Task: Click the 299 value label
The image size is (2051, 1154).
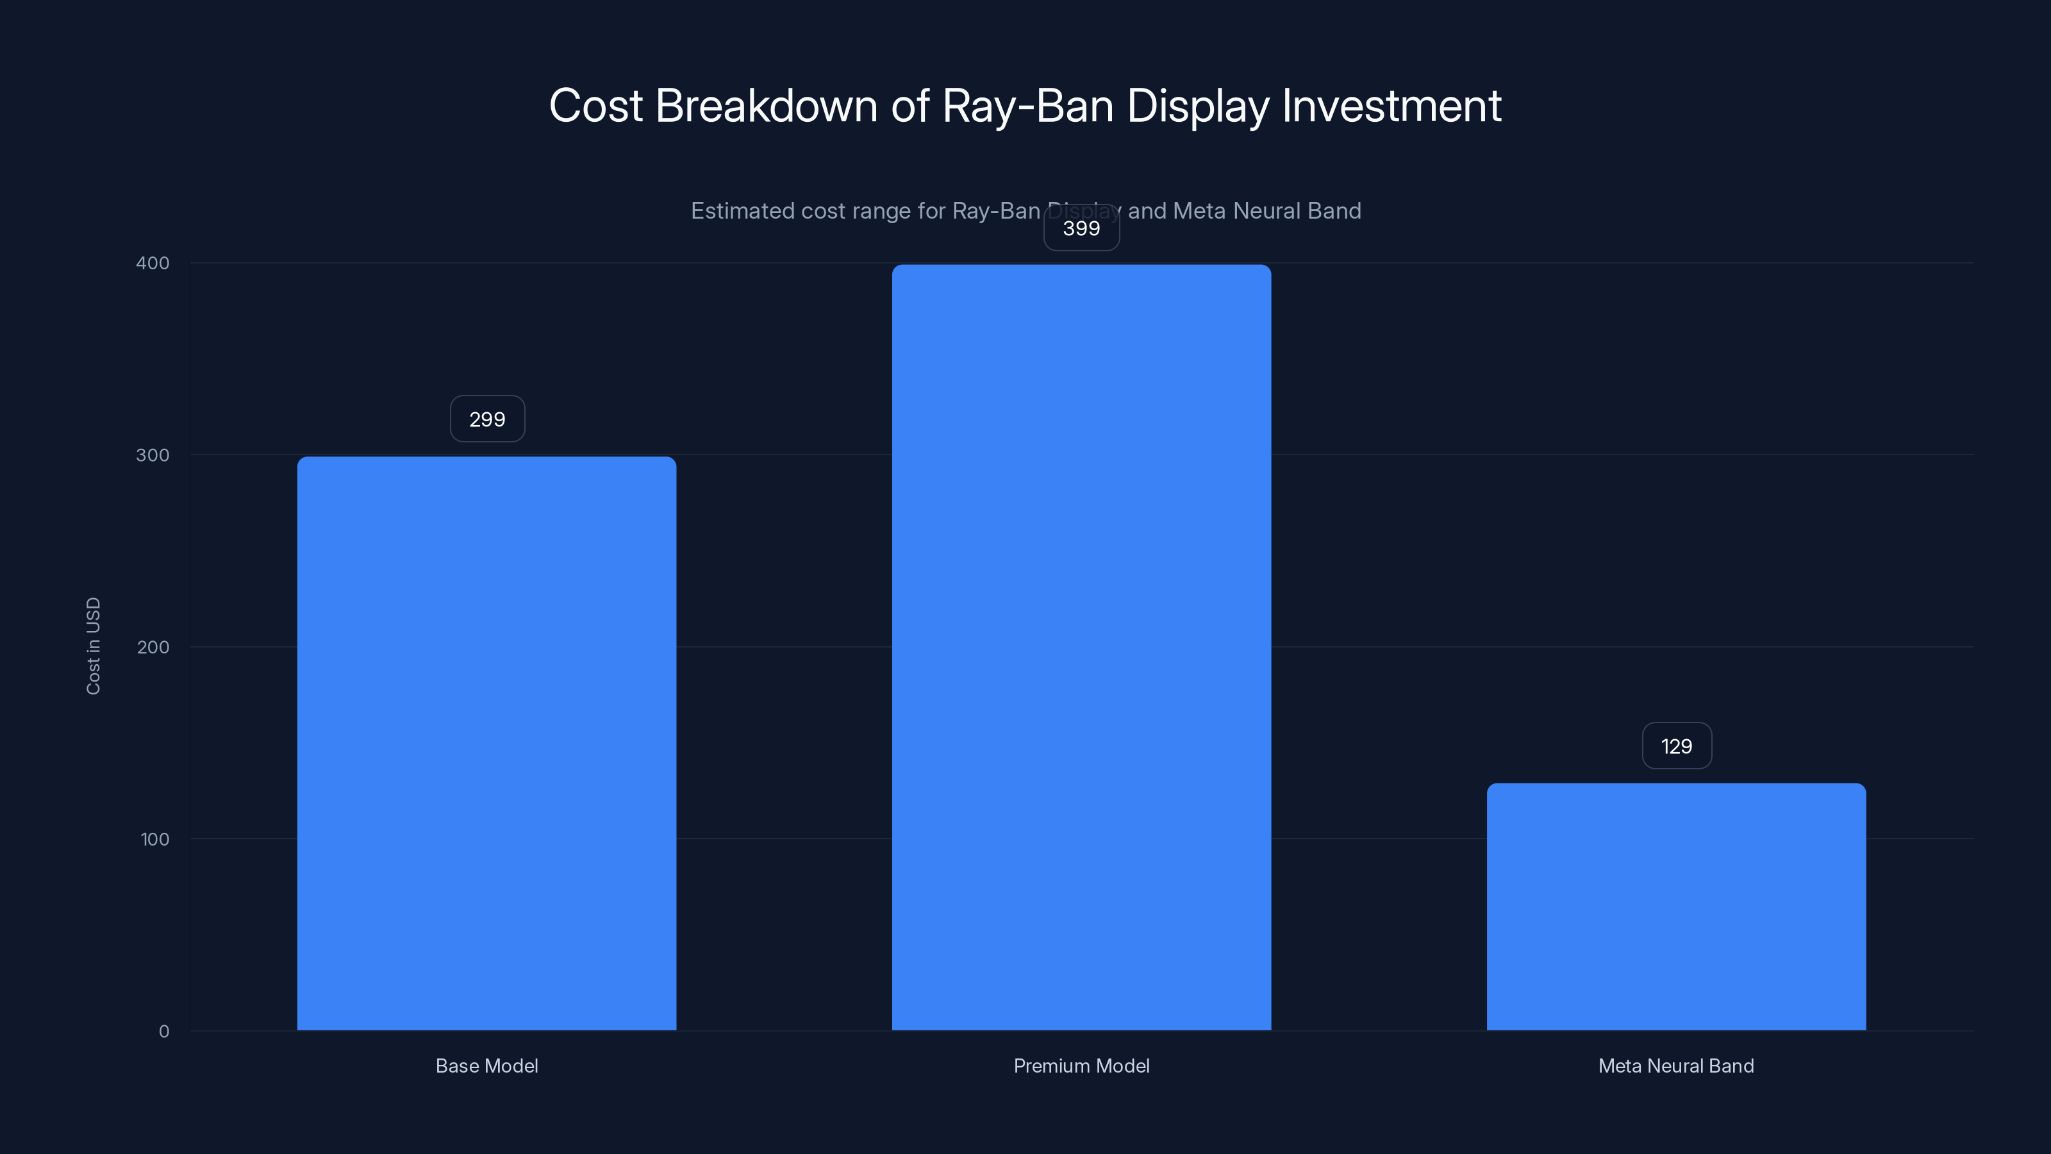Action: click(487, 419)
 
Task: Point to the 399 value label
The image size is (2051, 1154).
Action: click(1081, 229)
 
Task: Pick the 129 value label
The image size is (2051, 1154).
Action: click(1676, 746)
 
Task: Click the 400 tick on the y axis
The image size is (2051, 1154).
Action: click(153, 263)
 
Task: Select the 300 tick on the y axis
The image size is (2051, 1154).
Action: click(153, 455)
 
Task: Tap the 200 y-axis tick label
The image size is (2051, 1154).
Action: click(153, 647)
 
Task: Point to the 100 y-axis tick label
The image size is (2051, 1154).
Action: click(154, 839)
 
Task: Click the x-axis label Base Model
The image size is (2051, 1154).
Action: click(486, 1066)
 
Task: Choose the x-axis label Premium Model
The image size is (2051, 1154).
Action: click(1081, 1066)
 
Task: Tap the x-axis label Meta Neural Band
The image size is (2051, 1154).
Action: click(1676, 1066)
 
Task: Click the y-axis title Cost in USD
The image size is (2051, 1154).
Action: click(93, 646)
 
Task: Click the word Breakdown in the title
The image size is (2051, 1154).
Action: click(767, 106)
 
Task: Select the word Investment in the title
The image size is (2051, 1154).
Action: click(1391, 106)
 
